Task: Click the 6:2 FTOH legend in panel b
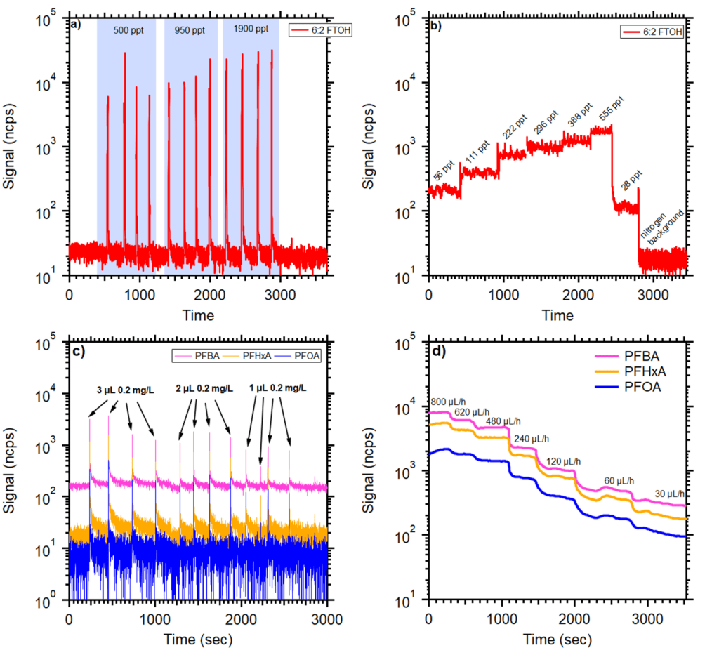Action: pyautogui.click(x=652, y=30)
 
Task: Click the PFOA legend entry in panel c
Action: pyautogui.click(x=302, y=357)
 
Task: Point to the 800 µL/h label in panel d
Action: pyautogui.click(x=449, y=402)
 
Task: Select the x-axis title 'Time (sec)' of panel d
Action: pyautogui.click(x=558, y=640)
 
